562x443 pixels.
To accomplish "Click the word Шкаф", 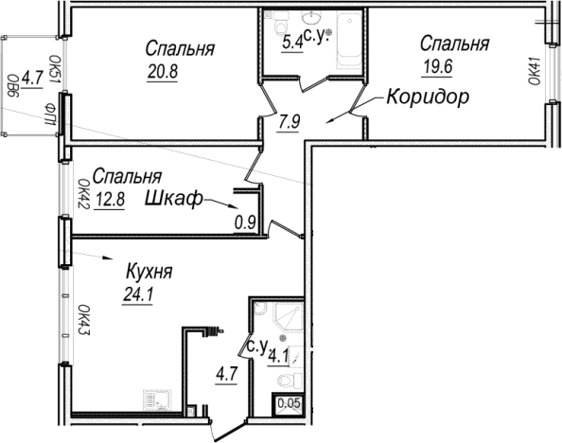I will pyautogui.click(x=175, y=200).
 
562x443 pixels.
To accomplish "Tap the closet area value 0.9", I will pyautogui.click(x=245, y=223).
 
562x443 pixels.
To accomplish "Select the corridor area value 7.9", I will pyautogui.click(x=288, y=120).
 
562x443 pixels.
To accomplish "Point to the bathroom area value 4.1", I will pyautogui.click(x=278, y=356).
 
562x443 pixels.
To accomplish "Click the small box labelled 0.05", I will pyautogui.click(x=288, y=408).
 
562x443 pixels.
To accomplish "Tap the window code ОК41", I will pyautogui.click(x=535, y=72).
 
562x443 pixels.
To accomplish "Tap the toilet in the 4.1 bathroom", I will pyautogui.click(x=289, y=379).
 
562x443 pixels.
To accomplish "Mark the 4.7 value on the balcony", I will pyautogui.click(x=33, y=77).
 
